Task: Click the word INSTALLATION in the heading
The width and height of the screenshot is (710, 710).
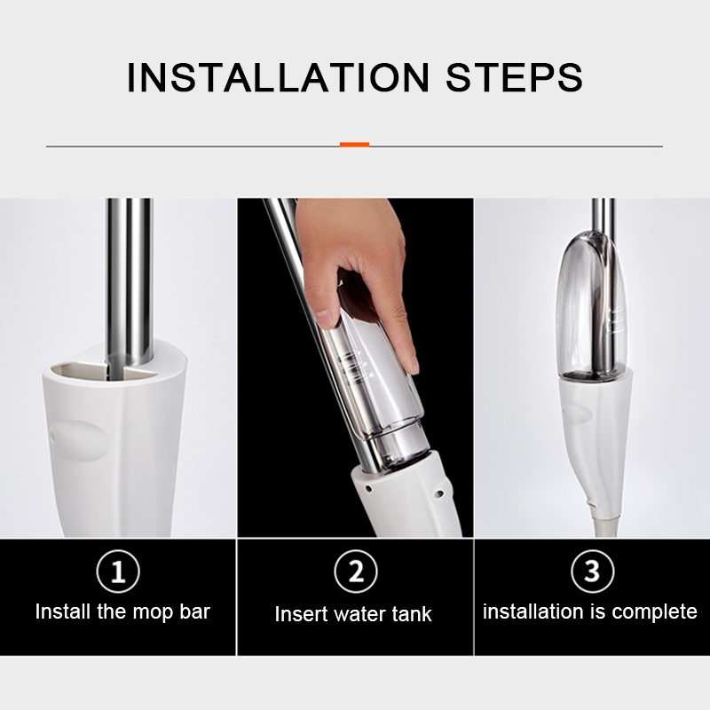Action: tap(278, 77)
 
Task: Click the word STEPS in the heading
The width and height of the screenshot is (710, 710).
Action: tap(515, 77)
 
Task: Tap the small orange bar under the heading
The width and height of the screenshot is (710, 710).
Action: tap(354, 145)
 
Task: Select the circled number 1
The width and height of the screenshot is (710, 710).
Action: tap(118, 571)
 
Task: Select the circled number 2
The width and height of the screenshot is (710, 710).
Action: tap(356, 571)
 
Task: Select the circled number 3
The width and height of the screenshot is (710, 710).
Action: tap(593, 571)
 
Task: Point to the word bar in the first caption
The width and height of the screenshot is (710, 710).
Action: tap(194, 611)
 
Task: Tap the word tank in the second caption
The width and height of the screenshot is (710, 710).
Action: tap(412, 614)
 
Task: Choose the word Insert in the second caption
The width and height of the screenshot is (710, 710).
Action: tap(301, 614)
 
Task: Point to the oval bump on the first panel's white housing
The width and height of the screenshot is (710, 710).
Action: tap(79, 440)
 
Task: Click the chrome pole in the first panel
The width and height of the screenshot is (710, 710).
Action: tap(129, 281)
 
